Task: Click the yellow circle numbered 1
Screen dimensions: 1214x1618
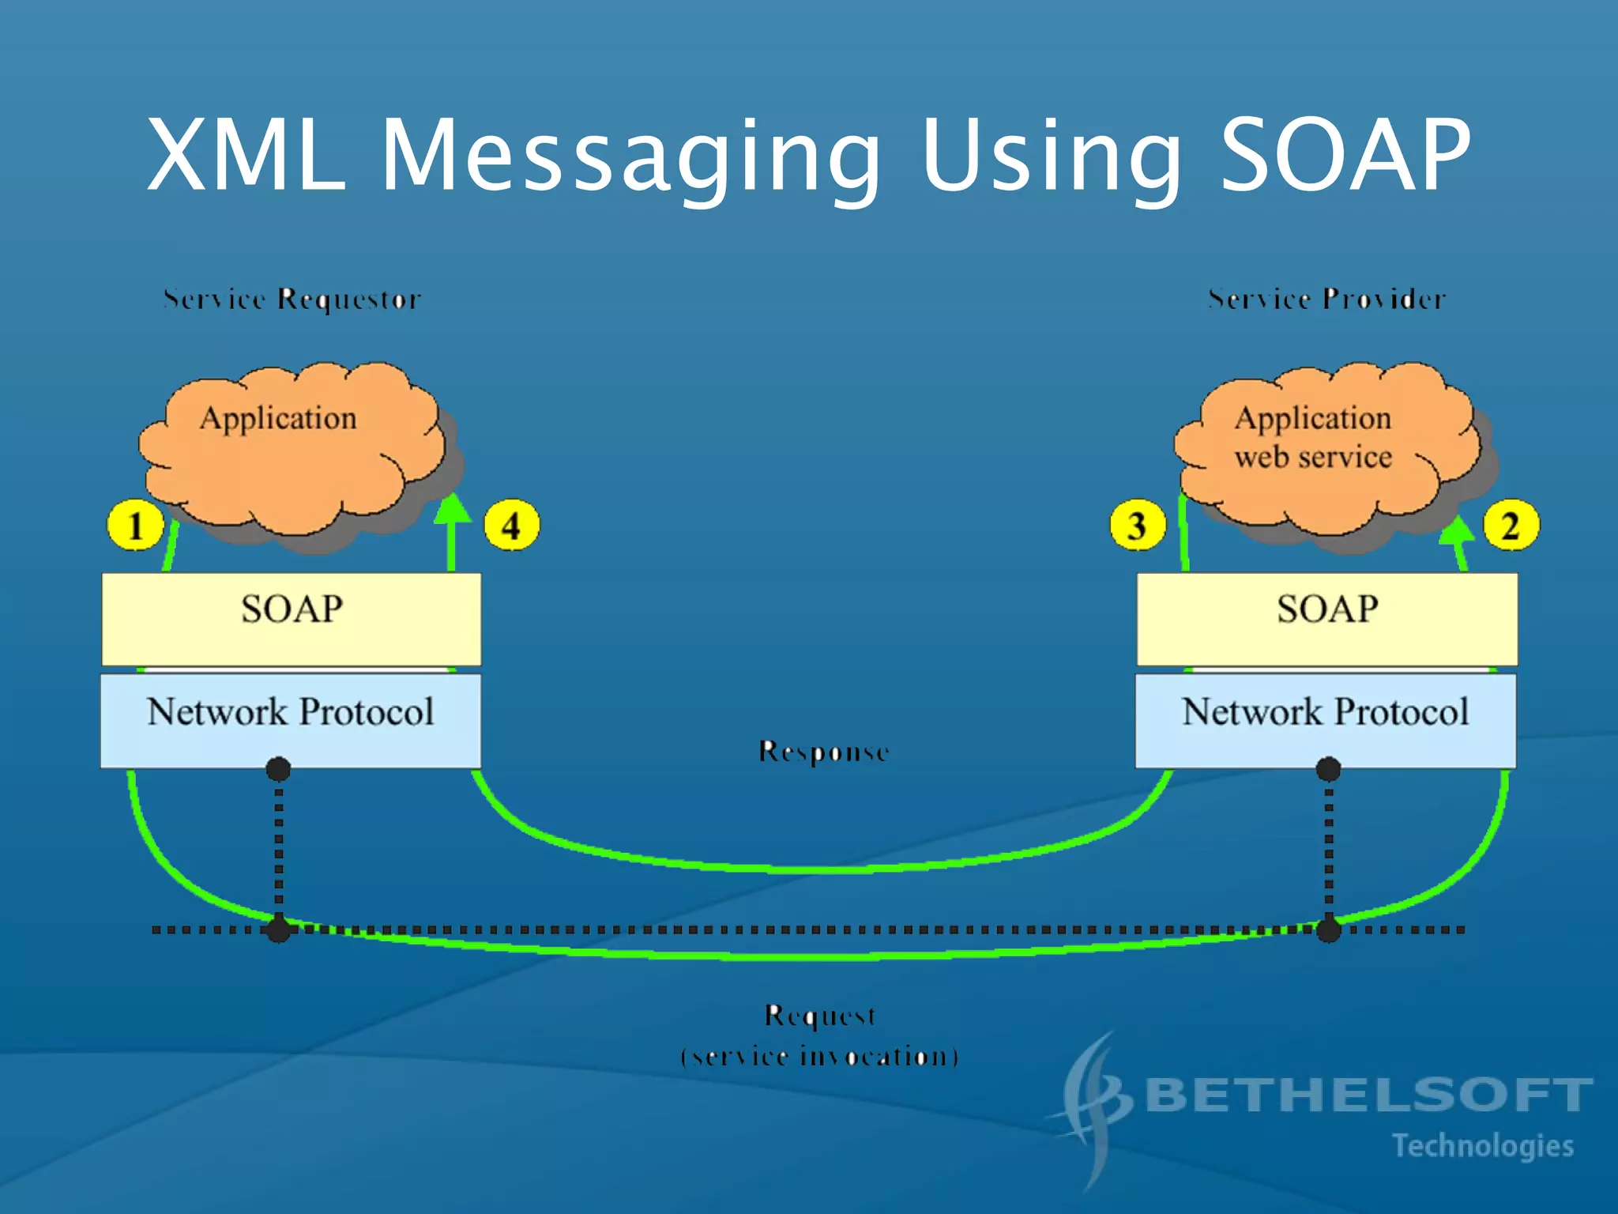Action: [x=135, y=526]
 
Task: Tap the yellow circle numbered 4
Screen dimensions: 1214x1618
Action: [x=511, y=526]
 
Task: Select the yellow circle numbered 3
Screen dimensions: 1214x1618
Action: [x=1137, y=526]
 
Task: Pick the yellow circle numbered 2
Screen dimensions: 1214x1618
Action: [x=1511, y=526]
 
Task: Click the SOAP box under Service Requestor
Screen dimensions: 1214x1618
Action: [x=291, y=619]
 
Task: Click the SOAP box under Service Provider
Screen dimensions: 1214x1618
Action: [x=1327, y=619]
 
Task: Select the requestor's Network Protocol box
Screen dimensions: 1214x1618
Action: [x=290, y=719]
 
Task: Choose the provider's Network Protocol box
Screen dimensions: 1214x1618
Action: [x=1326, y=719]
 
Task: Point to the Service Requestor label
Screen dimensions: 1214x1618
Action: [x=292, y=300]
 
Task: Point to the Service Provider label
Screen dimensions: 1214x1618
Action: [x=1326, y=300]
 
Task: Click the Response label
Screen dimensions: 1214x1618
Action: [x=823, y=752]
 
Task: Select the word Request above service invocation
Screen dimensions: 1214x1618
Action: [x=820, y=1016]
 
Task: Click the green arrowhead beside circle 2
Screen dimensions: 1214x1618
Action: [x=1458, y=529]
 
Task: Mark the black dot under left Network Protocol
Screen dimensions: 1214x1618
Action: [x=278, y=768]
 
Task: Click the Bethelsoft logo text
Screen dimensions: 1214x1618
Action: [x=1367, y=1095]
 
